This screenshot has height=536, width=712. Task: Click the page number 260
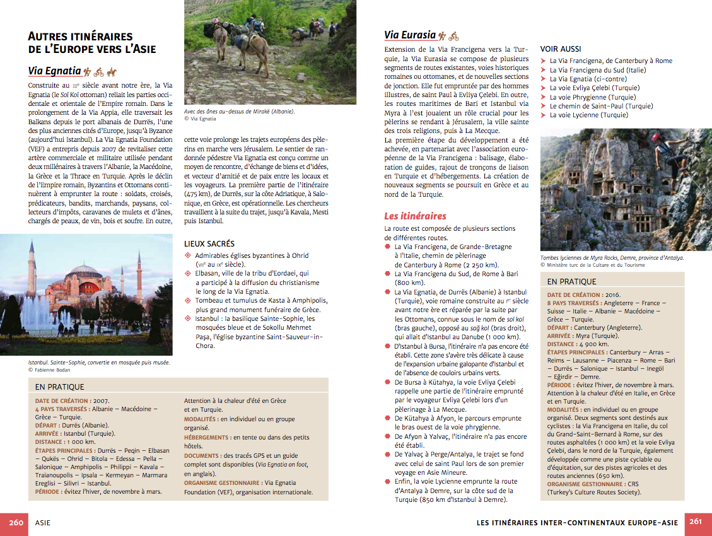point(16,522)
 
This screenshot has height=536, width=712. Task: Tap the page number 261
point(696,522)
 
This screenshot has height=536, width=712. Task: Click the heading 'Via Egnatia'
point(55,71)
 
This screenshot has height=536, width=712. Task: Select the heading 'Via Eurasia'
point(410,35)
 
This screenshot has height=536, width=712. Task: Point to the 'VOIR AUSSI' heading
point(561,49)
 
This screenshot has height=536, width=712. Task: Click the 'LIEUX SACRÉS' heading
point(209,243)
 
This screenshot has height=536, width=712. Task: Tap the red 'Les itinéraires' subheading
point(415,216)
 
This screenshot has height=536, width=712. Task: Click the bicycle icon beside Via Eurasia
point(454,36)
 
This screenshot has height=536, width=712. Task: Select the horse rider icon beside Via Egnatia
point(112,72)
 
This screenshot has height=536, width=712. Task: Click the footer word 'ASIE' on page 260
point(44,522)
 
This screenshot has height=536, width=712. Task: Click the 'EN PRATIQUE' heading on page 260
point(60,387)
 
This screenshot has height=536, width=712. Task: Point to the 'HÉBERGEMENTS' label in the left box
point(206,437)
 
